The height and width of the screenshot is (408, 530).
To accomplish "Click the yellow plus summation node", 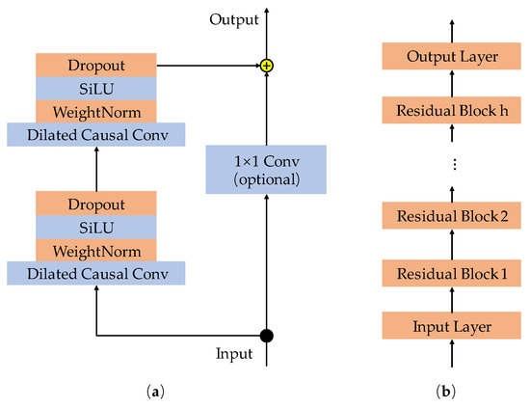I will (x=266, y=66).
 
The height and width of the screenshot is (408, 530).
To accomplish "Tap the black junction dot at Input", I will (x=266, y=336).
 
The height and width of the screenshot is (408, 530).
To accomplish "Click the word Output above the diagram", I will (x=234, y=18).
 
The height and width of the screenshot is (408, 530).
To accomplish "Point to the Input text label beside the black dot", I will (x=233, y=354).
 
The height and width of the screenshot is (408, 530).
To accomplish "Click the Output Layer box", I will (x=452, y=57).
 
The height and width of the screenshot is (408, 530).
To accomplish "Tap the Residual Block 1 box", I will (x=452, y=274).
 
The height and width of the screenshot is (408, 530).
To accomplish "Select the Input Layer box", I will (x=452, y=327).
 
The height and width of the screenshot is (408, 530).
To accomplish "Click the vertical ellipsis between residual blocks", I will (x=452, y=165).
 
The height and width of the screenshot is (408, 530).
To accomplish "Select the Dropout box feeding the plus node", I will (x=96, y=66).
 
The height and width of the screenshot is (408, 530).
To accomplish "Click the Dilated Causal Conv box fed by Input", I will (x=96, y=274).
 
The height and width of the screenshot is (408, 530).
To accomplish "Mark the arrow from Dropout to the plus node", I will (x=207, y=66).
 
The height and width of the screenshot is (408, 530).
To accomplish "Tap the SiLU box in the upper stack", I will (x=96, y=88).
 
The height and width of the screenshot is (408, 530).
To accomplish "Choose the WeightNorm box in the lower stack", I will (x=96, y=251).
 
